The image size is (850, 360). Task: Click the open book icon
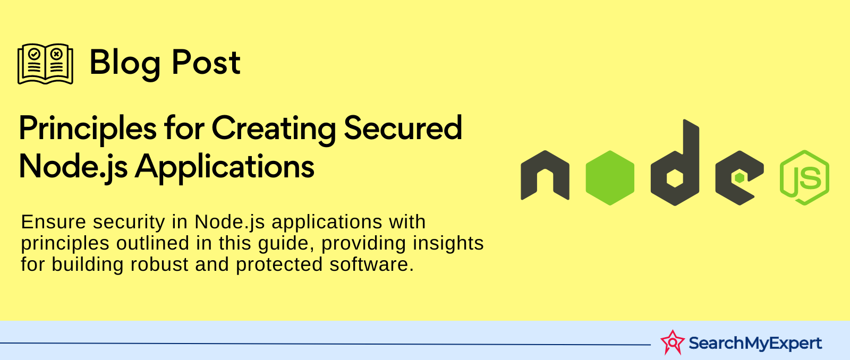click(45, 64)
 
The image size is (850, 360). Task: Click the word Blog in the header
click(125, 64)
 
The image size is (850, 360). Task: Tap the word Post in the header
click(206, 62)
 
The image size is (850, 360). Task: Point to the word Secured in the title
click(403, 128)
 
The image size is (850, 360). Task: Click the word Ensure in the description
click(54, 222)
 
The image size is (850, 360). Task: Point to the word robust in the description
click(159, 264)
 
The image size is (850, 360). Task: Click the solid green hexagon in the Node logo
click(610, 178)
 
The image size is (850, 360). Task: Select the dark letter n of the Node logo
click(545, 175)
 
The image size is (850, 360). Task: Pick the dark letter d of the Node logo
click(675, 163)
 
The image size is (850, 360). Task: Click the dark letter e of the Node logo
click(739, 178)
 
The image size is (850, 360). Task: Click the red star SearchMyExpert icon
click(673, 342)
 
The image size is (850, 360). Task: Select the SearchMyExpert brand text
click(755, 344)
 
